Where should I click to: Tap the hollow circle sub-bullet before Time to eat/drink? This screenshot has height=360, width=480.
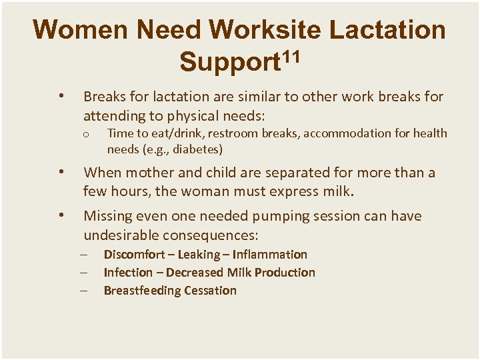(x=86, y=135)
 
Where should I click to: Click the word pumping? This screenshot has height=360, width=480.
(x=255, y=217)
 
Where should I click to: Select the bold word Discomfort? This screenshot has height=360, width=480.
(x=133, y=255)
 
